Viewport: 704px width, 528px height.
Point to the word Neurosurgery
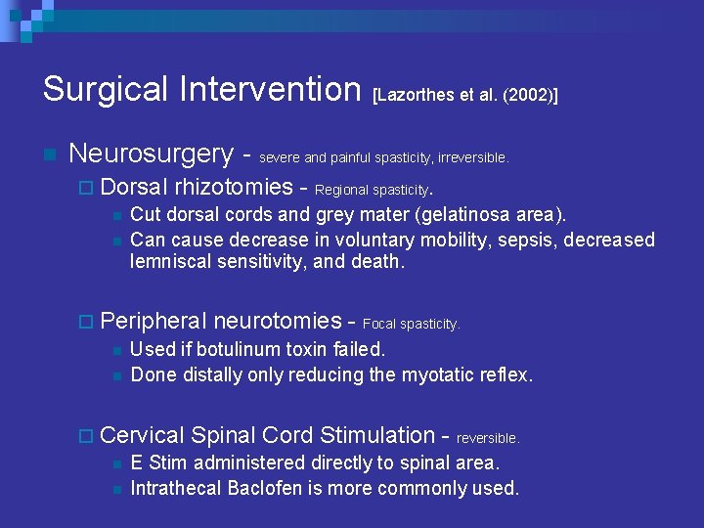(x=152, y=154)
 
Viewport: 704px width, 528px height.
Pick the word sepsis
(x=475, y=240)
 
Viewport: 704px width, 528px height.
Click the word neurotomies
(x=277, y=320)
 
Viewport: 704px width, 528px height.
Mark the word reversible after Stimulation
(x=488, y=438)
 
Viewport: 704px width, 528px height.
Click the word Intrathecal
(x=175, y=488)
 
